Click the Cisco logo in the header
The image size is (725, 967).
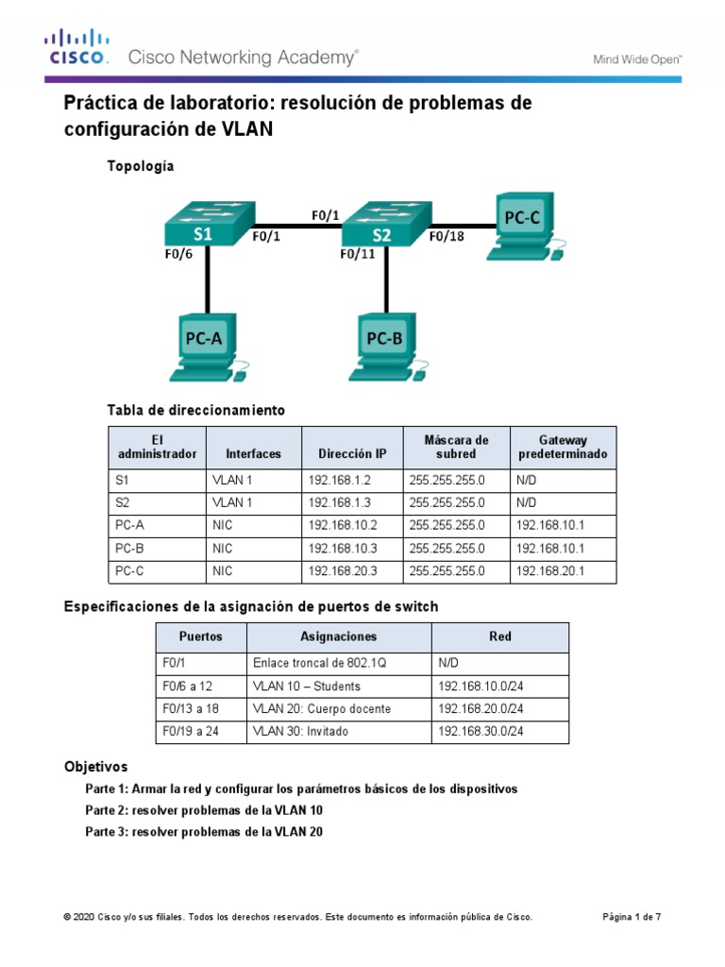point(77,47)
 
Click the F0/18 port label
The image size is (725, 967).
point(447,237)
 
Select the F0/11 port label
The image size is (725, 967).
point(357,253)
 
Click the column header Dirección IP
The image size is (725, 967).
point(352,453)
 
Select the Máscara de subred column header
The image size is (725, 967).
point(456,447)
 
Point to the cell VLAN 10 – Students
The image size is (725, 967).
point(307,686)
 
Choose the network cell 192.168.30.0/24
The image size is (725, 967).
point(481,731)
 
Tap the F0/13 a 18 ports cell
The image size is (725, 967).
point(193,708)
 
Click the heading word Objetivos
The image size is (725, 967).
point(95,766)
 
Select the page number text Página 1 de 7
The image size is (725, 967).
point(632,917)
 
